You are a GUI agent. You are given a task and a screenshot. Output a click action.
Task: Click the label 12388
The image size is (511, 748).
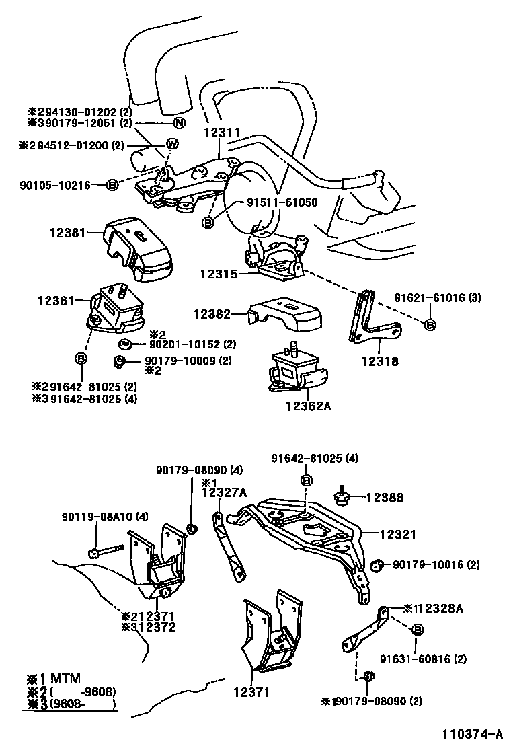coord(385,498)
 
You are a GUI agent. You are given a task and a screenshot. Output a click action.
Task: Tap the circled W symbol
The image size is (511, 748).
coord(172,144)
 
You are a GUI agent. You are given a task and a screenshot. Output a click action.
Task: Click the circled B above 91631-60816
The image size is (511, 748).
coord(417,630)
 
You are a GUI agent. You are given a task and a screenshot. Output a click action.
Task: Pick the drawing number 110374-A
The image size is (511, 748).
coord(472,733)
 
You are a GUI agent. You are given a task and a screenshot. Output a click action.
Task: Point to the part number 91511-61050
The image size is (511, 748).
coord(282,202)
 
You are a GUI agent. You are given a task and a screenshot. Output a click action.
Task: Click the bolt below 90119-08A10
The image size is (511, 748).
coord(104,551)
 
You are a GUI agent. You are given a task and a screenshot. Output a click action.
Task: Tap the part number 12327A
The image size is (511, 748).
coord(224,493)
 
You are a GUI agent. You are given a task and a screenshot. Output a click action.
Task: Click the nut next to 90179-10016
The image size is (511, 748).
coord(377,564)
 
